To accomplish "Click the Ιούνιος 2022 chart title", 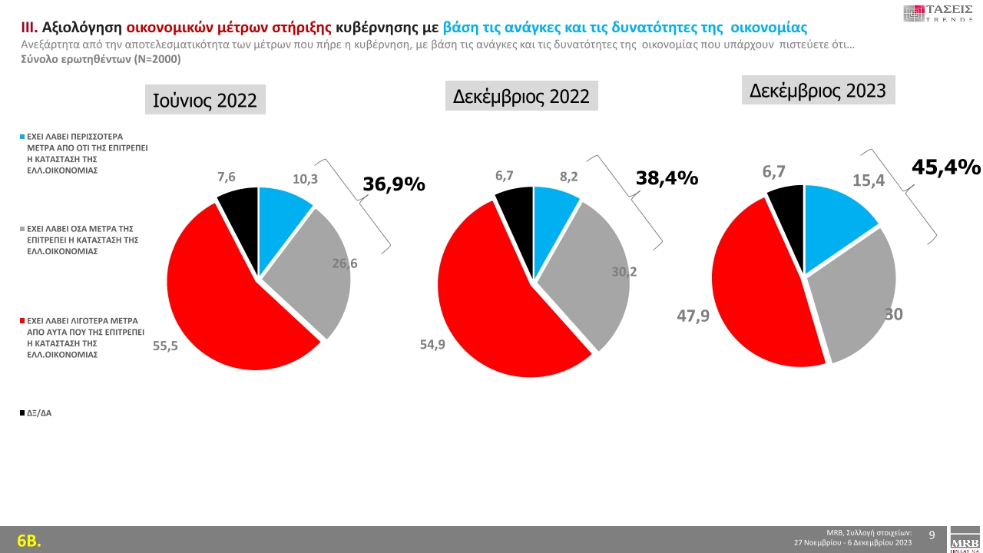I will (x=205, y=100).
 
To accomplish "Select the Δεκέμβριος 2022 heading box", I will (x=521, y=96).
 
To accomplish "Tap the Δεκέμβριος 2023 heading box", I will (x=818, y=91).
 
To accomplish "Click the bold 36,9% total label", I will (x=393, y=184).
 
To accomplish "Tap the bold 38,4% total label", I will (x=667, y=179).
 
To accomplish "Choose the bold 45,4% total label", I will (x=945, y=167).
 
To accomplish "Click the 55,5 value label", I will (x=165, y=346).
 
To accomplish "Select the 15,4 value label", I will (x=869, y=180).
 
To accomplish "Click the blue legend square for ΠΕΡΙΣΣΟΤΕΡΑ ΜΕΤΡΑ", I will (x=23, y=136).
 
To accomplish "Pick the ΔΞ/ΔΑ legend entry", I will (x=38, y=413).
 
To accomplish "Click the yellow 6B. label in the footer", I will (x=28, y=541).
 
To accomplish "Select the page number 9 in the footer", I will (x=932, y=535).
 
